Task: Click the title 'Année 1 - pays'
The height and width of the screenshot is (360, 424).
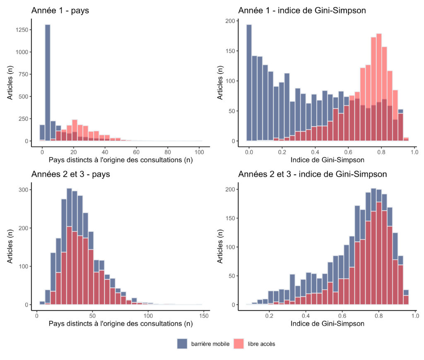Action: pos(60,10)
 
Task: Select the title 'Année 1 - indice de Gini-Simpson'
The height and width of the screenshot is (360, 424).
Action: pos(302,10)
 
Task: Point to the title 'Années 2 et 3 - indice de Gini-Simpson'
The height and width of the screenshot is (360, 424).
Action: pos(313,174)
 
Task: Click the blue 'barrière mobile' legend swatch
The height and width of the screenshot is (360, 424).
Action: pos(183,343)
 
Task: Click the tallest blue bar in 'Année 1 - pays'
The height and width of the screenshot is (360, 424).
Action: pos(48,83)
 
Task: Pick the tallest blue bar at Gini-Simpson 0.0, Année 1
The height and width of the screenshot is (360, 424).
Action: pos(249,83)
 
